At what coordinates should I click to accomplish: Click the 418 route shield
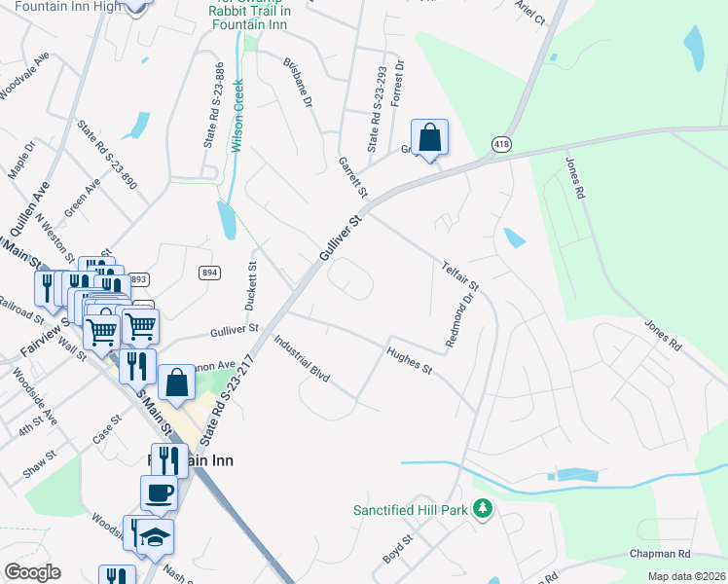tap(502, 144)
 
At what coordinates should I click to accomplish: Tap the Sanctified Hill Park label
tap(410, 509)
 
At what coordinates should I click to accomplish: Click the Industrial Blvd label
tap(302, 359)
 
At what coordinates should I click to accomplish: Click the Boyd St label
tap(399, 548)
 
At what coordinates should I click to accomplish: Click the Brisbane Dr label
tap(297, 82)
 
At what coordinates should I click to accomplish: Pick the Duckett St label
tap(251, 285)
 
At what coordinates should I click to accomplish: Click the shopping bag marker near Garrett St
tap(429, 137)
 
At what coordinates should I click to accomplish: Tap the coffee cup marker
tap(159, 493)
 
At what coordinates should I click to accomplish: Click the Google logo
tap(33, 572)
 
